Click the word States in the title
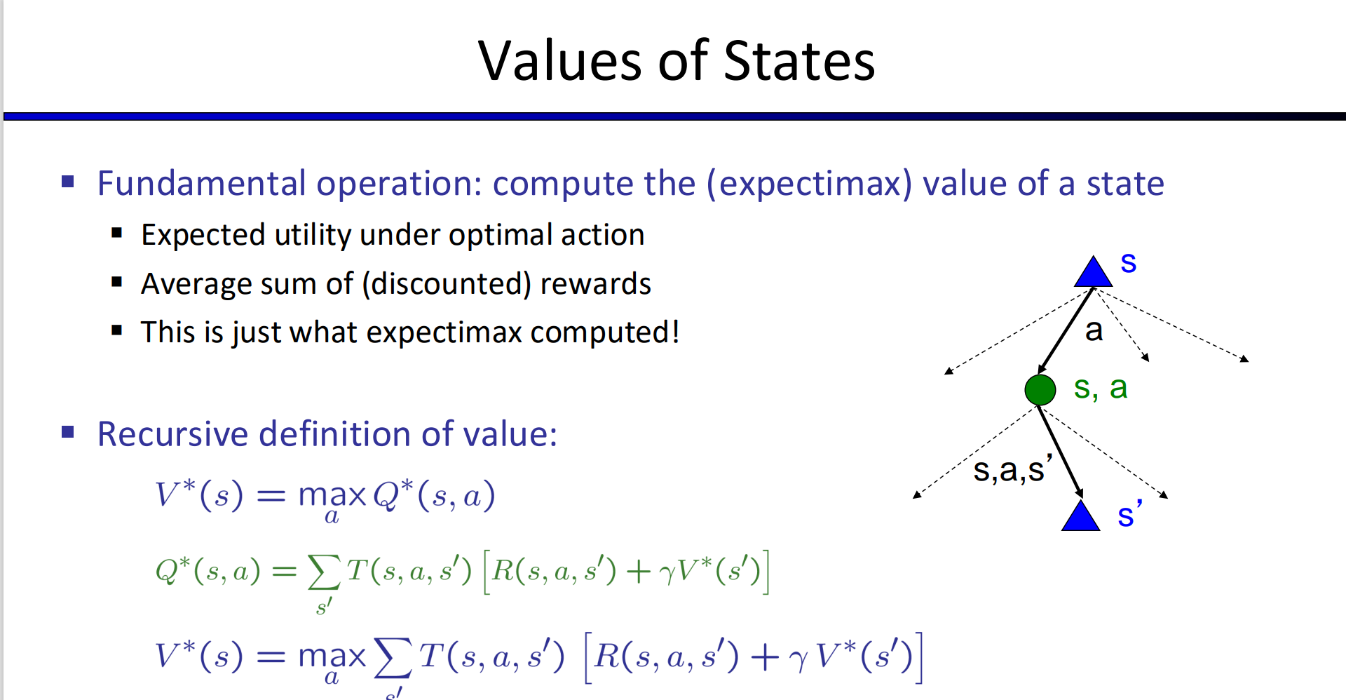(x=799, y=61)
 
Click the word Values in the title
(x=559, y=61)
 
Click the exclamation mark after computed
(x=676, y=332)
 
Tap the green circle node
(x=1040, y=389)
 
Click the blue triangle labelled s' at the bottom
(x=1080, y=516)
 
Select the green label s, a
(x=1101, y=388)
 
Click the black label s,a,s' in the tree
(x=1012, y=469)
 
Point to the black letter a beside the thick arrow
(x=1094, y=330)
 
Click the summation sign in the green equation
(x=324, y=572)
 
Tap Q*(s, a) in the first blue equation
(x=434, y=495)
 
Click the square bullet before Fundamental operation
(x=68, y=182)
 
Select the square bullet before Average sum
(x=117, y=283)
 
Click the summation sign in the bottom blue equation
(x=393, y=658)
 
